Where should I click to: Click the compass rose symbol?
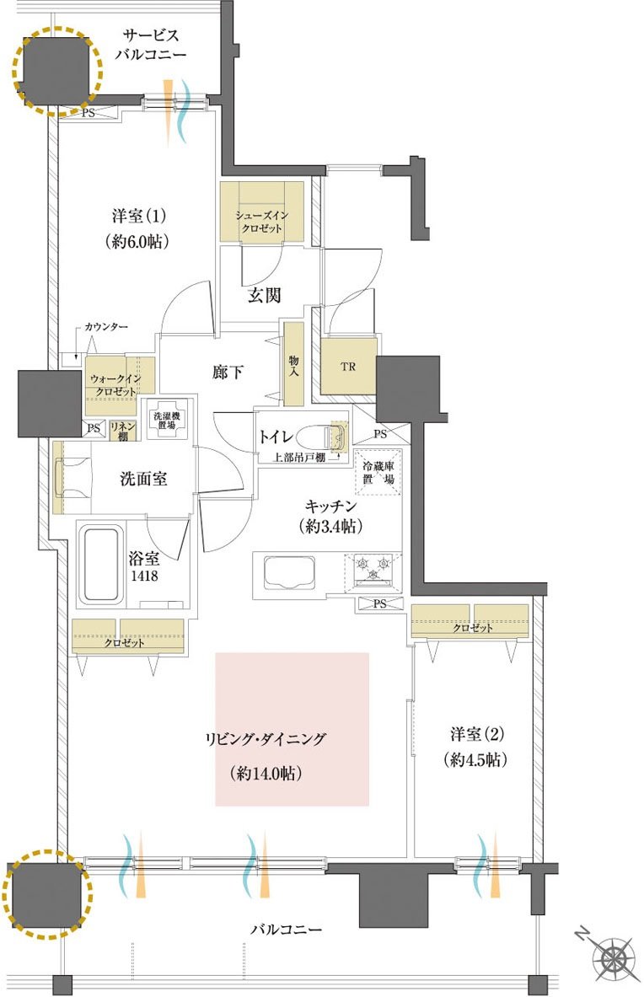614,957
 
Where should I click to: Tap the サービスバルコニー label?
151,45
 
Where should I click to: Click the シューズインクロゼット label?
262,222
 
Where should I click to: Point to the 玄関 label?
264,295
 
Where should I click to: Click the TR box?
348,367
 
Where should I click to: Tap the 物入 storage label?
293,365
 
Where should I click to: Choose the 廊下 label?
228,372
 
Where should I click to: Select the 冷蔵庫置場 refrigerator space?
378,472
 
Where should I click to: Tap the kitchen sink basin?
288,572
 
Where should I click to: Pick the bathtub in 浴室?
99,566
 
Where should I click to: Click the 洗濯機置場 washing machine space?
167,420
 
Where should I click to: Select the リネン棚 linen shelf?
123,431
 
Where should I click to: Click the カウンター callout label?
106,327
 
